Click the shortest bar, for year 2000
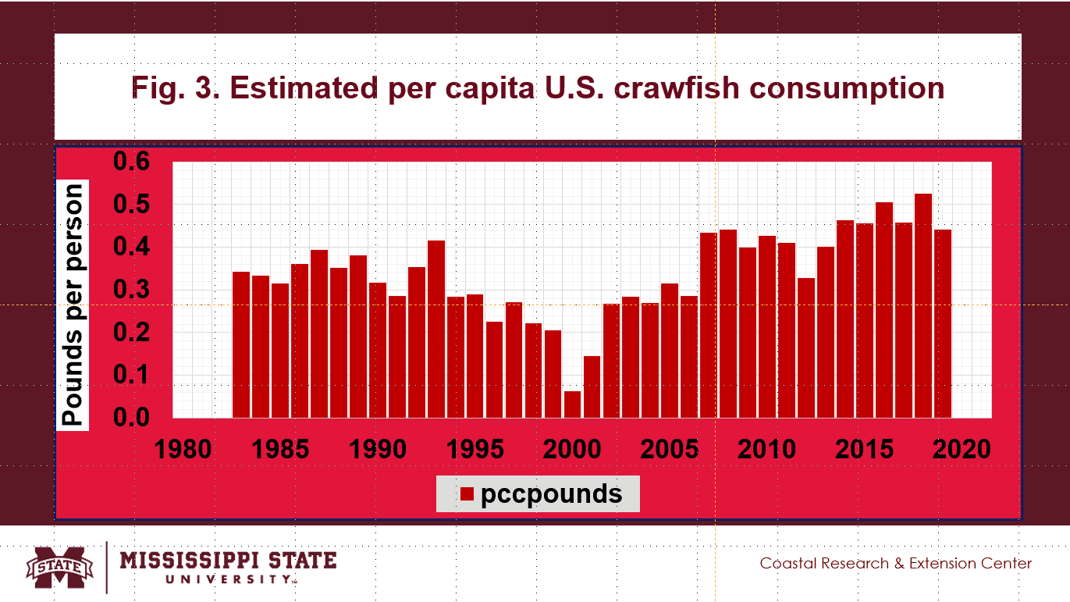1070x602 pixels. point(572,404)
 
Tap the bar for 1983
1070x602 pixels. point(241,344)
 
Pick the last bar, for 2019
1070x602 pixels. point(943,323)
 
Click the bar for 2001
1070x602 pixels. point(592,386)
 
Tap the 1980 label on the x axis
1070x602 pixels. point(183,450)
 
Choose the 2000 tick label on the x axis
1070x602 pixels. point(572,450)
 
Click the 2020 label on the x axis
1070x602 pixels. point(962,450)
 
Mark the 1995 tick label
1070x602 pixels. point(475,450)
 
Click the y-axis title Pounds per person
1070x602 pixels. point(73,305)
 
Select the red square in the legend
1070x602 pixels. point(467,494)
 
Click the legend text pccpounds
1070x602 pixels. point(551,494)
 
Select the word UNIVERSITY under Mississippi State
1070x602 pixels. point(229,579)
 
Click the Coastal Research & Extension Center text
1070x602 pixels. point(896,563)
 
